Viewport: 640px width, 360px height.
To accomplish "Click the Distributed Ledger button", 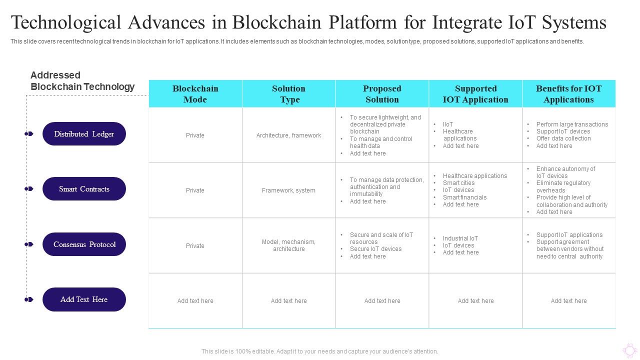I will pyautogui.click(x=84, y=134).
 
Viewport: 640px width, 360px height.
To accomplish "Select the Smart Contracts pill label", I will pyautogui.click(x=84, y=189).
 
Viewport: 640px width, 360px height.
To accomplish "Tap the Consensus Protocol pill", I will pyautogui.click(x=84, y=244).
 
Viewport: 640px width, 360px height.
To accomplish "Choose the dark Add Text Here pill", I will pyautogui.click(x=84, y=299).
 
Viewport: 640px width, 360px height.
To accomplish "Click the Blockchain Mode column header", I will pyautogui.click(x=195, y=94).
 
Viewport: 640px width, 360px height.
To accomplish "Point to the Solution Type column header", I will pyautogui.click(x=288, y=94).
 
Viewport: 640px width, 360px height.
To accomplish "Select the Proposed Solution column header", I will pyautogui.click(x=382, y=94).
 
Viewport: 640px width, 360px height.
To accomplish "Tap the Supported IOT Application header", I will pyautogui.click(x=475, y=94).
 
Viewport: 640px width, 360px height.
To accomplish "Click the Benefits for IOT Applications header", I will pyautogui.click(x=568, y=94).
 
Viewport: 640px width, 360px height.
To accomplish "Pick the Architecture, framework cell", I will pyautogui.click(x=288, y=135).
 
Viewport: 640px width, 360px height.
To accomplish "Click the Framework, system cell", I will pyautogui.click(x=288, y=190).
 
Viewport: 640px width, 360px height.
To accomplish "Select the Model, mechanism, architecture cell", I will pyautogui.click(x=288, y=245).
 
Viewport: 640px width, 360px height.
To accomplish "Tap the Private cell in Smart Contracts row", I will pyautogui.click(x=195, y=190).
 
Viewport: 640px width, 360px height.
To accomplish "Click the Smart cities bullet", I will pyautogui.click(x=458, y=183).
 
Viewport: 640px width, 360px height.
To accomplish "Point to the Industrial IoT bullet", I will pyautogui.click(x=460, y=238).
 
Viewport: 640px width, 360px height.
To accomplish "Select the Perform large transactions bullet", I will pyautogui.click(x=572, y=124).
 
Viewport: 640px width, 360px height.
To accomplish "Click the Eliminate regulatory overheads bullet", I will pyautogui.click(x=563, y=186).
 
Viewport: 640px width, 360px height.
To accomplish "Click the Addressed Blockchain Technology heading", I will pyautogui.click(x=82, y=81).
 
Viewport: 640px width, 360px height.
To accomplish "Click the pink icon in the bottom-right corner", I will pyautogui.click(x=629, y=350).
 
